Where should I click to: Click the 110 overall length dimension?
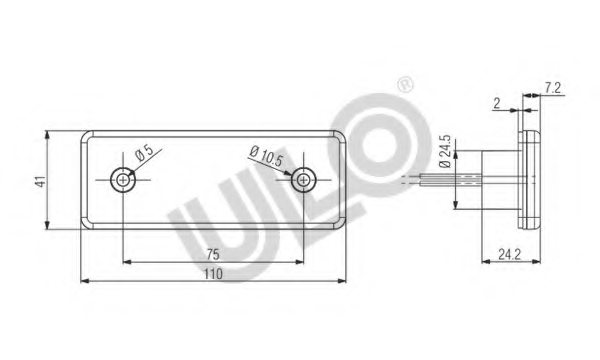pyautogui.click(x=213, y=274)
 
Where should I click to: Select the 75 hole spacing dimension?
pyautogui.click(x=213, y=254)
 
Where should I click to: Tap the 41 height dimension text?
pyautogui.click(x=41, y=181)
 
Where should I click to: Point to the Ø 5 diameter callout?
pyautogui.click(x=144, y=153)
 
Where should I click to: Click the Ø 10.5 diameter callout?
pyautogui.click(x=266, y=156)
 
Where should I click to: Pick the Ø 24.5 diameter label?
pyautogui.click(x=445, y=151)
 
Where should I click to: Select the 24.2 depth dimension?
pyautogui.click(x=509, y=254)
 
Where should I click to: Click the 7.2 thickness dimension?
pyautogui.click(x=553, y=88)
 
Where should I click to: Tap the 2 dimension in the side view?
pyautogui.click(x=497, y=103)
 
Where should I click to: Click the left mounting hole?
pyautogui.click(x=123, y=179)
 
